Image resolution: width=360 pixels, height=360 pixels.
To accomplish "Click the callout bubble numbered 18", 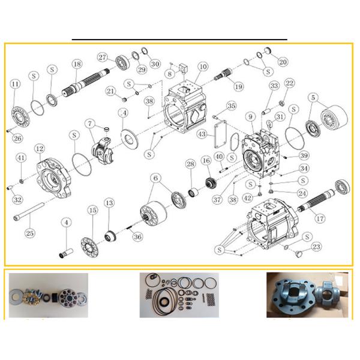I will (76, 64).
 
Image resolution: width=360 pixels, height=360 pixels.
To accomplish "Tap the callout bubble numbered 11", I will (14, 85).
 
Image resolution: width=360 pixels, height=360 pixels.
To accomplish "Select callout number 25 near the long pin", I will (28, 232).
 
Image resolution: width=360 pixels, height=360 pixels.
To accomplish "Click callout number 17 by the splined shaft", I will (320, 218).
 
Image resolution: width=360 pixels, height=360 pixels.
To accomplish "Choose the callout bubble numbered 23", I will (316, 246).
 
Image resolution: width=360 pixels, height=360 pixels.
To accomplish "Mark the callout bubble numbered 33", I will (274, 86).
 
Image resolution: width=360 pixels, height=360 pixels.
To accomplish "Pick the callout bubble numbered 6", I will (156, 178).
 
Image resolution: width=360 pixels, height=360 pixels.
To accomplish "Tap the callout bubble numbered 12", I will (39, 148).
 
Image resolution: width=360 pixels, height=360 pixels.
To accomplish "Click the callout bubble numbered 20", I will (283, 61).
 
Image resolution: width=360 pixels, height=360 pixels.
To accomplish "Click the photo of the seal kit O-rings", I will (179, 295).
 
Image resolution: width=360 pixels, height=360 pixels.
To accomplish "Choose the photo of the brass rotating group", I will (48, 296).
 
